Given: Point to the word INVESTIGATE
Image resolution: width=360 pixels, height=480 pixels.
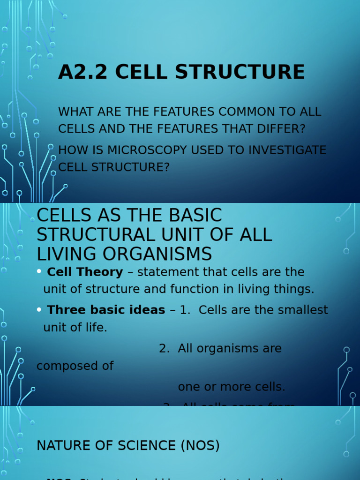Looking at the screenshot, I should point(280,150).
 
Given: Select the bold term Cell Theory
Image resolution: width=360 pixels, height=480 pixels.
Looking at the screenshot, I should point(85,272).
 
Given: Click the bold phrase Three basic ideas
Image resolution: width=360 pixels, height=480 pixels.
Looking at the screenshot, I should point(106,310).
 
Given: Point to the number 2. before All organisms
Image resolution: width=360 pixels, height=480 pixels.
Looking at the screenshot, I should point(164,348).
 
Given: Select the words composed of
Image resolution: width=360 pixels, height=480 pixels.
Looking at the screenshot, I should point(75,366).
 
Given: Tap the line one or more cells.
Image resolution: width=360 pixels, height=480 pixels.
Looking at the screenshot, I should point(232,387).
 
